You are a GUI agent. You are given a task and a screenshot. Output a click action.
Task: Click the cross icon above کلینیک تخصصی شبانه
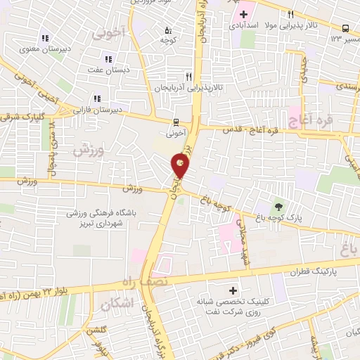(233, 290)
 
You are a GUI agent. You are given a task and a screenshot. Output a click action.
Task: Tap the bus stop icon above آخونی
(176, 120)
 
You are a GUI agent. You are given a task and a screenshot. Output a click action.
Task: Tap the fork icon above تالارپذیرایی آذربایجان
(188, 76)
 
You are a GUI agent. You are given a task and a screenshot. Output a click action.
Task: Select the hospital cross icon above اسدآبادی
(243, 14)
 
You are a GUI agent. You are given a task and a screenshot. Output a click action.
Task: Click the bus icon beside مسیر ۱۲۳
(345, 28)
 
